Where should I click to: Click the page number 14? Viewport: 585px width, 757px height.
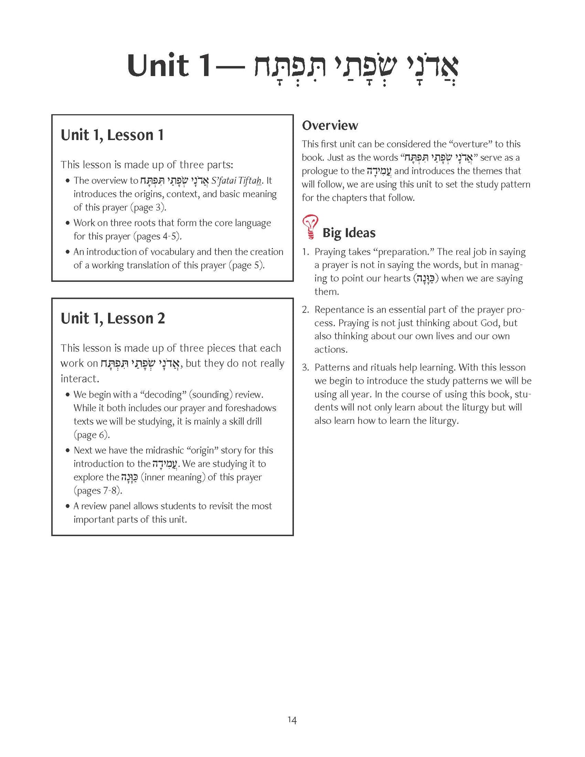pos(292,720)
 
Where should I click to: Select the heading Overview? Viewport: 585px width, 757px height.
pos(330,125)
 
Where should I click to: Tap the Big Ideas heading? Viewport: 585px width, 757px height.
pos(349,233)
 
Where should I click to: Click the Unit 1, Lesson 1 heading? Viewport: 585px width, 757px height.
pos(112,135)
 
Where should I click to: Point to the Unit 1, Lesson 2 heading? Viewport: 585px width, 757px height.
pos(113,318)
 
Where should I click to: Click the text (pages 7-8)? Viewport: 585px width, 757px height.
pos(98,491)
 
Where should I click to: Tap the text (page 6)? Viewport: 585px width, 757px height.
pos(91,435)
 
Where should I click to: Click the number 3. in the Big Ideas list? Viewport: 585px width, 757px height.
pos(306,368)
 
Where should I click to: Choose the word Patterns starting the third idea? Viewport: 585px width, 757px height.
pos(332,368)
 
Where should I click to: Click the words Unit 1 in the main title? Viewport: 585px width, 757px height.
pos(169,66)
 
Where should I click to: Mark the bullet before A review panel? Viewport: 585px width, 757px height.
pos(68,506)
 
